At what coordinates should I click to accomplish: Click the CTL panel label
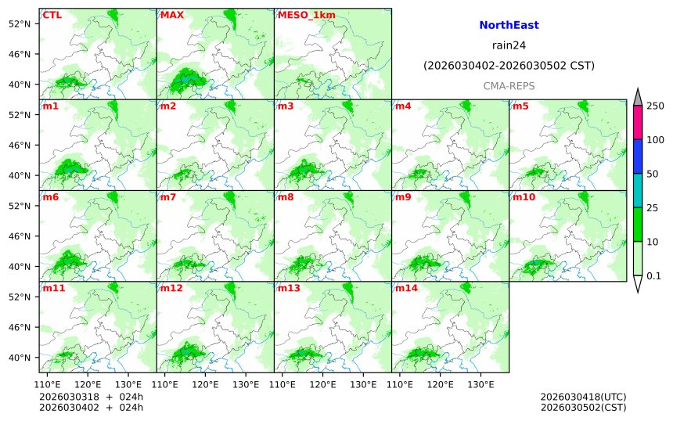pyautogui.click(x=52, y=15)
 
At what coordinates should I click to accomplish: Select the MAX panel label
pyautogui.click(x=171, y=15)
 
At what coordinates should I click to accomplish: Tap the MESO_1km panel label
pyautogui.click(x=301, y=15)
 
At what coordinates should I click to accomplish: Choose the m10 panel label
pyautogui.click(x=524, y=196)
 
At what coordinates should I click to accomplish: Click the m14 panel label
pyautogui.click(x=406, y=287)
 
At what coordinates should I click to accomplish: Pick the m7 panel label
pyautogui.click(x=168, y=196)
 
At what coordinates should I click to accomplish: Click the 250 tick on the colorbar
pyautogui.click(x=655, y=106)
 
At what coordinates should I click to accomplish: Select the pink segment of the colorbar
pyautogui.click(x=638, y=122)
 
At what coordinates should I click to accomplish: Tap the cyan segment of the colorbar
pyautogui.click(x=638, y=189)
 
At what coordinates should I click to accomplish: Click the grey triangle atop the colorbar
pyautogui.click(x=638, y=96)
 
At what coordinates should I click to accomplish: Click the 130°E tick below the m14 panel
pyautogui.click(x=480, y=384)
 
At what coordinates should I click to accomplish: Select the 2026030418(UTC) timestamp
pyautogui.click(x=583, y=397)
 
